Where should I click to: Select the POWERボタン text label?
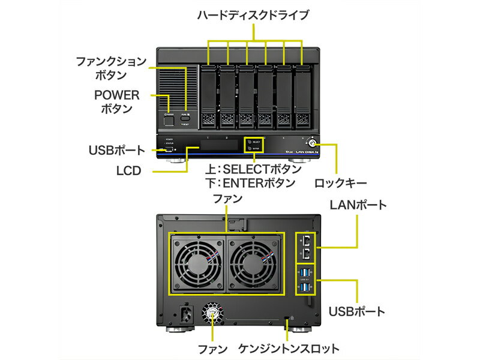tap(117, 102)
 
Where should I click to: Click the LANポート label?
tap(358, 205)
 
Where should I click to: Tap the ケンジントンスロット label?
tap(289, 349)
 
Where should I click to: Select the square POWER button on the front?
tap(169, 121)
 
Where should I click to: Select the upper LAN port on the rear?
tap(307, 240)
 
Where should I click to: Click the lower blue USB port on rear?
tap(307, 288)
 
